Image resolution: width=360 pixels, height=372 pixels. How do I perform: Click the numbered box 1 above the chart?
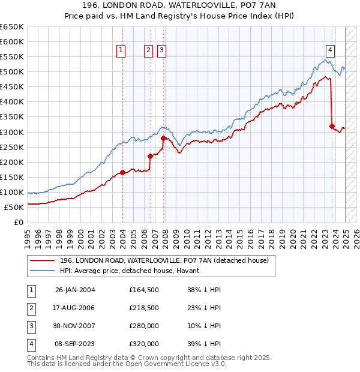121,51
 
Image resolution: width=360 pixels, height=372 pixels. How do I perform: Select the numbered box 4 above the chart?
331,51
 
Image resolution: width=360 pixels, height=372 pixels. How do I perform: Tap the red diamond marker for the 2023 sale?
332,126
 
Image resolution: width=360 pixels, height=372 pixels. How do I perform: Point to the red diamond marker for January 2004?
122,172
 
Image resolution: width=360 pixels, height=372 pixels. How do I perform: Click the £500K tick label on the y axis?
12,72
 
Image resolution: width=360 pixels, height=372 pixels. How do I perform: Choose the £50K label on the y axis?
14,208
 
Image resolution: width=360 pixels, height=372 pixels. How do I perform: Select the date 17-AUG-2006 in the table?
75,308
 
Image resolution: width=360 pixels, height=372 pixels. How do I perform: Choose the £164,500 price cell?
144,290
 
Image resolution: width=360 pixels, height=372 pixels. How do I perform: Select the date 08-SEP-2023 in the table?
75,344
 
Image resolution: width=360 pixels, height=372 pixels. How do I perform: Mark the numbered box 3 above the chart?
162,51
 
